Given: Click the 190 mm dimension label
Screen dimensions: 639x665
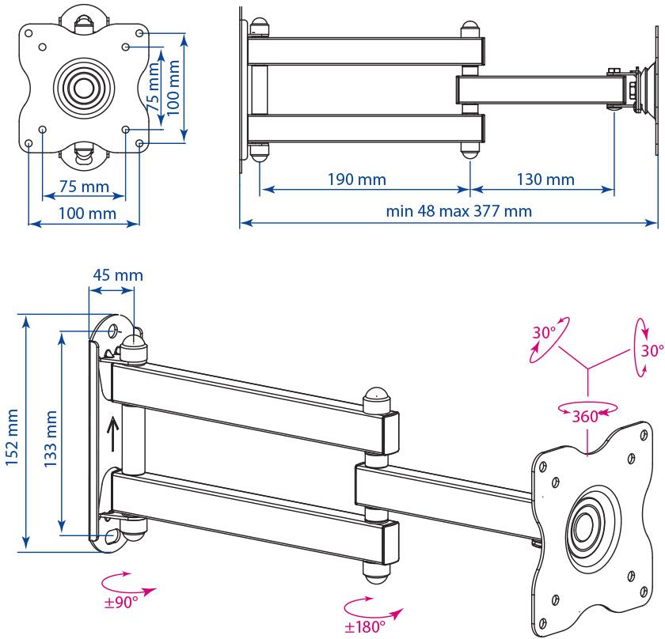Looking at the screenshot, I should [x=356, y=180].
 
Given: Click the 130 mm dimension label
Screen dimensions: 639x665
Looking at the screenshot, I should [x=545, y=180].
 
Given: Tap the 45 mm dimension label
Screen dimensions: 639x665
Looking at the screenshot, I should [x=118, y=275].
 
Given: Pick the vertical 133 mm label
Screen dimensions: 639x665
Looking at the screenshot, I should [x=49, y=439].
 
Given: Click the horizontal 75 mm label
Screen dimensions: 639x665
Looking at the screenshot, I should [x=84, y=187].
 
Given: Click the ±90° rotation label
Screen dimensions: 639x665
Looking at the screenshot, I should [x=120, y=603].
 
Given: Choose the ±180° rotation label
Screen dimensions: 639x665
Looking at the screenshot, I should [x=365, y=626].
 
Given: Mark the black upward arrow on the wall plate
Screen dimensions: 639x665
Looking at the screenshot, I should [x=112, y=433].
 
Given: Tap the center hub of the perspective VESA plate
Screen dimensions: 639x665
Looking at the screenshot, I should [x=585, y=525].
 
